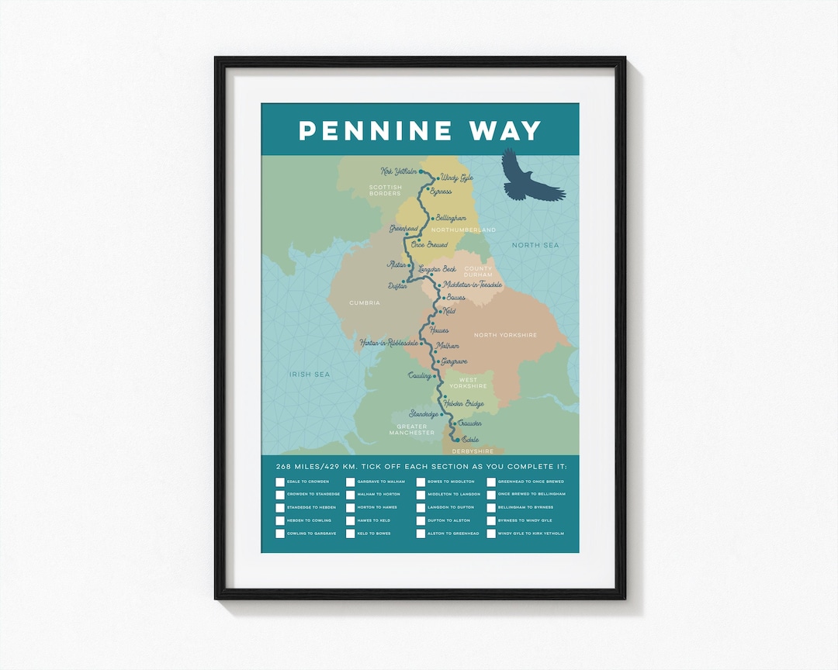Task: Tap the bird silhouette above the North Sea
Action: click(x=532, y=176)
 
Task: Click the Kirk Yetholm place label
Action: click(x=399, y=171)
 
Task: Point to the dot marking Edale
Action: click(x=456, y=439)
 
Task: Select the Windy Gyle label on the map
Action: click(x=456, y=178)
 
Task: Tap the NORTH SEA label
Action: click(x=535, y=245)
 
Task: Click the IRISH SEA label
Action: click(x=310, y=375)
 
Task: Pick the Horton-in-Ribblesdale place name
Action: click(x=389, y=342)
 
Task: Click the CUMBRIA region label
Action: click(x=364, y=303)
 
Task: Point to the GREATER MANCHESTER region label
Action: click(x=412, y=429)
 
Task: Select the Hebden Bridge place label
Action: click(x=464, y=403)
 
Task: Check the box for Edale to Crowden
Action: click(x=280, y=482)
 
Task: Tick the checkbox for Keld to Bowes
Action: click(x=350, y=534)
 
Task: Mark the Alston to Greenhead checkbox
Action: click(x=421, y=534)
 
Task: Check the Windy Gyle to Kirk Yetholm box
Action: click(x=491, y=534)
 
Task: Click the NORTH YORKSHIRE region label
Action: click(x=505, y=335)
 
